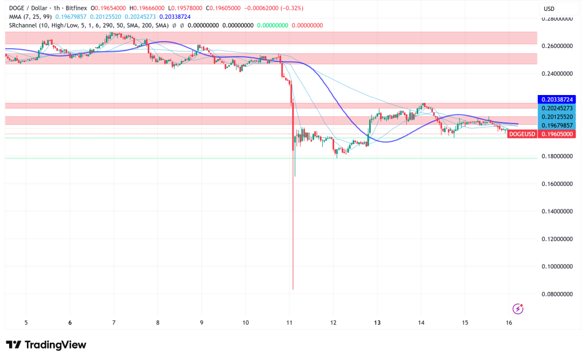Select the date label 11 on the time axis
290,323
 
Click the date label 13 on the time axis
377,323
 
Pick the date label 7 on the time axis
114,323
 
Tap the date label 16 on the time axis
509,323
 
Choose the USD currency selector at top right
549,9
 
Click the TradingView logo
46,345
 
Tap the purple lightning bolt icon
518,309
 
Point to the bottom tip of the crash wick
293,289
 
